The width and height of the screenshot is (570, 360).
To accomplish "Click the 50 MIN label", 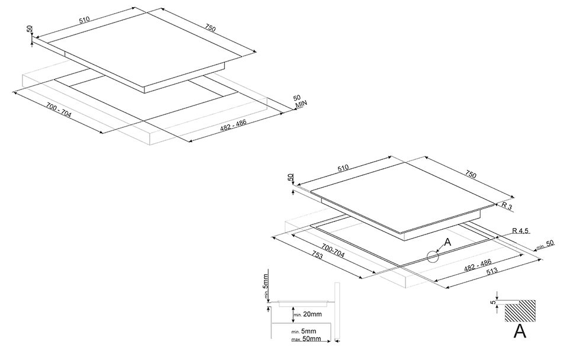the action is pyautogui.click(x=300, y=101).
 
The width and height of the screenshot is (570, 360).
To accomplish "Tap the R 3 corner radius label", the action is pyautogui.click(x=507, y=206).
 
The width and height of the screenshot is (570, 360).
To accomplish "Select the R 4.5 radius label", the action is pyautogui.click(x=520, y=231).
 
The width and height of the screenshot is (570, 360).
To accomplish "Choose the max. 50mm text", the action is pyautogui.click(x=306, y=339).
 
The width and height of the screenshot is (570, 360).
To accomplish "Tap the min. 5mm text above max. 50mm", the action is pyautogui.click(x=304, y=331).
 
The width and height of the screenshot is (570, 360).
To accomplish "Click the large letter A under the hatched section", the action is pyautogui.click(x=520, y=331).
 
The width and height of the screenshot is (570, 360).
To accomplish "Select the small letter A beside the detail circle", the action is pyautogui.click(x=447, y=242).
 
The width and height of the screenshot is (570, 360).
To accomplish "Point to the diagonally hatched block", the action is pyautogui.click(x=520, y=311).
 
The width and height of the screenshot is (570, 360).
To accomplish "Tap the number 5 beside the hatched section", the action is pyautogui.click(x=493, y=302).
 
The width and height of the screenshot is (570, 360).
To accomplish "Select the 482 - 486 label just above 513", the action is pyautogui.click(x=478, y=265).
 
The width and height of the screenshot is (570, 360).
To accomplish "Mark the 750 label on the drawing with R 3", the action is pyautogui.click(x=470, y=175).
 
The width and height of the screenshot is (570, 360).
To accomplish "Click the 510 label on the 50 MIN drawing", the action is pyautogui.click(x=84, y=20).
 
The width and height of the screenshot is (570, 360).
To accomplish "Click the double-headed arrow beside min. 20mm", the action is pyautogui.click(x=293, y=314).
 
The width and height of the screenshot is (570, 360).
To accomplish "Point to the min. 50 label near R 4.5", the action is pyautogui.click(x=545, y=245).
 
